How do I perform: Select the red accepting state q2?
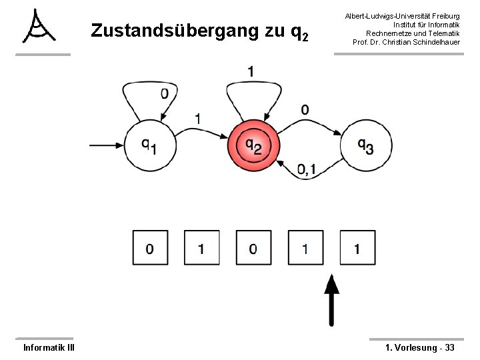pyautogui.click(x=253, y=145)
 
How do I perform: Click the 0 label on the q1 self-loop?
pyautogui.click(x=164, y=94)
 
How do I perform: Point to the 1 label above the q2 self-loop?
pyautogui.click(x=251, y=71)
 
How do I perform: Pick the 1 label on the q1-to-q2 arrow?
pyautogui.click(x=198, y=118)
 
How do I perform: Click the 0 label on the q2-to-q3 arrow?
pyautogui.click(x=305, y=109)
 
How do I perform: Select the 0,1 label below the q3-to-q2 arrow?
pyautogui.click(x=307, y=171)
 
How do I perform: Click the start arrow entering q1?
pyautogui.click(x=108, y=144)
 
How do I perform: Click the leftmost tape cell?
pyautogui.click(x=149, y=249)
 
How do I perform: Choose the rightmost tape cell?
pyautogui.click(x=357, y=249)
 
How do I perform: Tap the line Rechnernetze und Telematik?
pyautogui.click(x=413, y=33)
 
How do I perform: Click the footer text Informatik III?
pyautogui.click(x=49, y=347)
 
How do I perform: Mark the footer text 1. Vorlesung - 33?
pyautogui.click(x=420, y=347)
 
